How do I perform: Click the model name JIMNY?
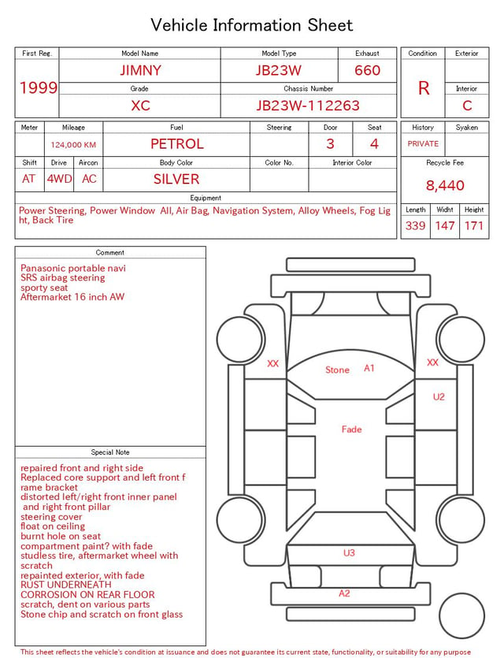coord(140,70)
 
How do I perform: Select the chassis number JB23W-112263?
coord(308,106)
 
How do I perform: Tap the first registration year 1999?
coord(39,87)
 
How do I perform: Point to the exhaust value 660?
coord(367,70)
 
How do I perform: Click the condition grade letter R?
coord(424,88)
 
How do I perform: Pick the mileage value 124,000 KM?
coord(73,145)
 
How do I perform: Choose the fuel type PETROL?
coord(177,144)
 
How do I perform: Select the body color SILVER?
coord(176,179)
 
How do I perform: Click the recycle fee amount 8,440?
coord(445,185)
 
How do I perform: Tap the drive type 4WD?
coord(59,179)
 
